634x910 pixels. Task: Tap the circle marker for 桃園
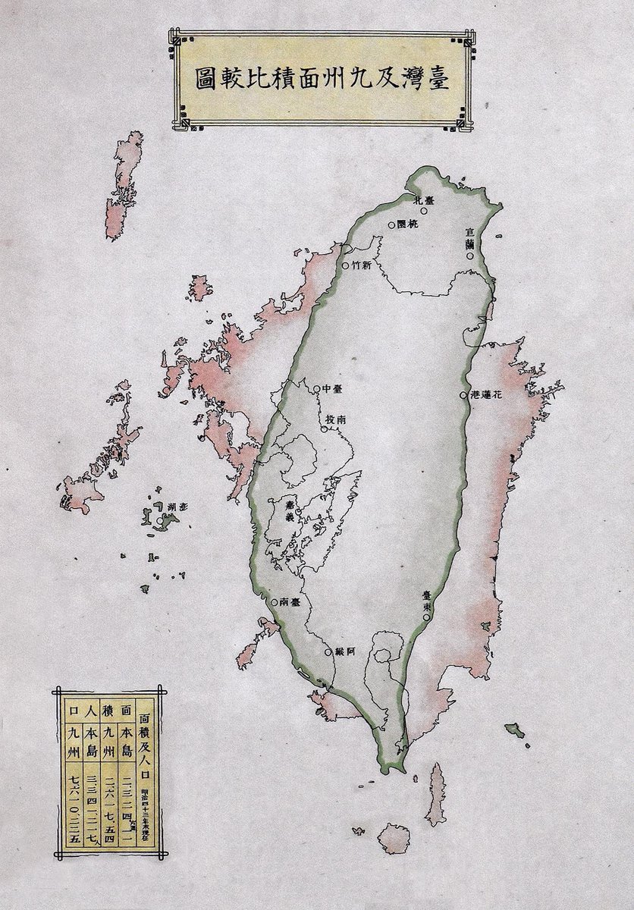pyautogui.click(x=391, y=225)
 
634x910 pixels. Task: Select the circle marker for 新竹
pyautogui.click(x=345, y=266)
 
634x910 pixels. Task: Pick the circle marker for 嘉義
pyautogui.click(x=297, y=513)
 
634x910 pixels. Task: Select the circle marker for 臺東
pyautogui.click(x=427, y=617)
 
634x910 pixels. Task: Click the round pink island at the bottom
pyautogui.click(x=394, y=839)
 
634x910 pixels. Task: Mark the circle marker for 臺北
pyautogui.click(x=424, y=210)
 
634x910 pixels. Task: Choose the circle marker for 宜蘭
pyautogui.click(x=470, y=256)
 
